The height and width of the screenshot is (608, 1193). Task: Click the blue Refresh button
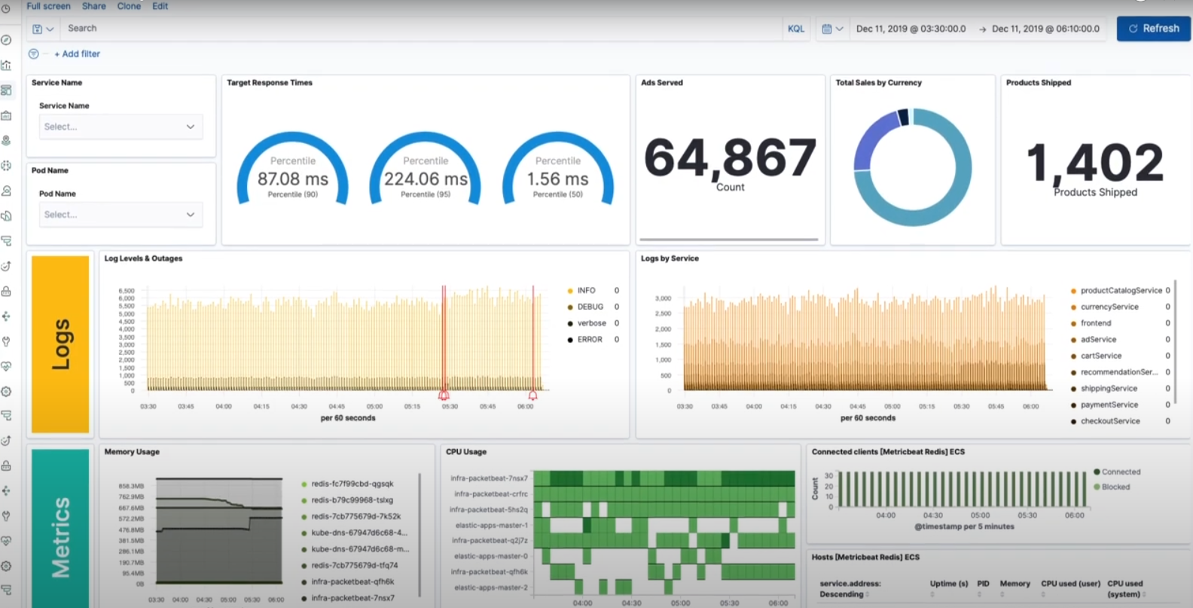click(x=1153, y=29)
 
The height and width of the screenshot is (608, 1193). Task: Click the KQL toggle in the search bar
click(x=796, y=29)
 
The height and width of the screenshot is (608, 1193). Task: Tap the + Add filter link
click(x=77, y=54)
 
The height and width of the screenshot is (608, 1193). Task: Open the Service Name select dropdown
click(x=120, y=127)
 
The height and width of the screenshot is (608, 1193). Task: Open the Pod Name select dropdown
click(x=120, y=215)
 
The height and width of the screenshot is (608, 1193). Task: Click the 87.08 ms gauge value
click(x=293, y=179)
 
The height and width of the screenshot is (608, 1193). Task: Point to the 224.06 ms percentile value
click(x=426, y=179)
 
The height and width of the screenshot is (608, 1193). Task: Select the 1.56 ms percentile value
click(x=557, y=179)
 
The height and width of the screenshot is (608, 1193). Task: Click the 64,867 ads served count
click(x=730, y=158)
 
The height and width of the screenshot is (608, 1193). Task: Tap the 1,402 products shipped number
click(x=1095, y=163)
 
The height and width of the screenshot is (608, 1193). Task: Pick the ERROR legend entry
click(x=589, y=340)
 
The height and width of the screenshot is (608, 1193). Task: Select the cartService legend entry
click(x=1100, y=356)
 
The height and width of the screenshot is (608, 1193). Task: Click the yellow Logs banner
click(x=60, y=344)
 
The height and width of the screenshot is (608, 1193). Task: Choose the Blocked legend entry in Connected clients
click(x=1115, y=487)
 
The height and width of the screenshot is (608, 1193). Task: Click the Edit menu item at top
click(x=160, y=6)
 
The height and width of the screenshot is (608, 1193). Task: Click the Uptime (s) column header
click(x=948, y=584)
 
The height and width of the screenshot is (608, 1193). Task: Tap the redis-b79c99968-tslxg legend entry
click(x=352, y=500)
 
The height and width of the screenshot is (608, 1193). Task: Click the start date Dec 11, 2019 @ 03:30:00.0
click(x=911, y=29)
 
